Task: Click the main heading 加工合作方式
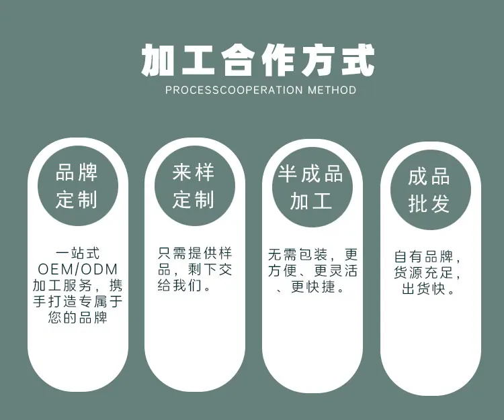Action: point(258,60)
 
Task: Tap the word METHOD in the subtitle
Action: point(331,90)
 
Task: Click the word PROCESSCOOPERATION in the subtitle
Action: point(234,90)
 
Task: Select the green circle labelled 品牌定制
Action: point(77,186)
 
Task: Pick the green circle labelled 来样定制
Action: point(194,186)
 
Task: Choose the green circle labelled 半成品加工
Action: point(311,187)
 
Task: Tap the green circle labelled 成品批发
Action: point(429,190)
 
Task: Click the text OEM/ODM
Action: point(77,270)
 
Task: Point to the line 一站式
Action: point(77,254)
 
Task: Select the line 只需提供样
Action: point(194,254)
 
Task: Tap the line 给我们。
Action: point(184,286)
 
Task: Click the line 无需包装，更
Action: point(312,255)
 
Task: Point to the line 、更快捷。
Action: point(311,287)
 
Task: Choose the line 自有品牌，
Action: point(429,257)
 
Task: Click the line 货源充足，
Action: point(429,273)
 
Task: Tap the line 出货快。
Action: point(429,289)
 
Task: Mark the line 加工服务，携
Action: point(77,286)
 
